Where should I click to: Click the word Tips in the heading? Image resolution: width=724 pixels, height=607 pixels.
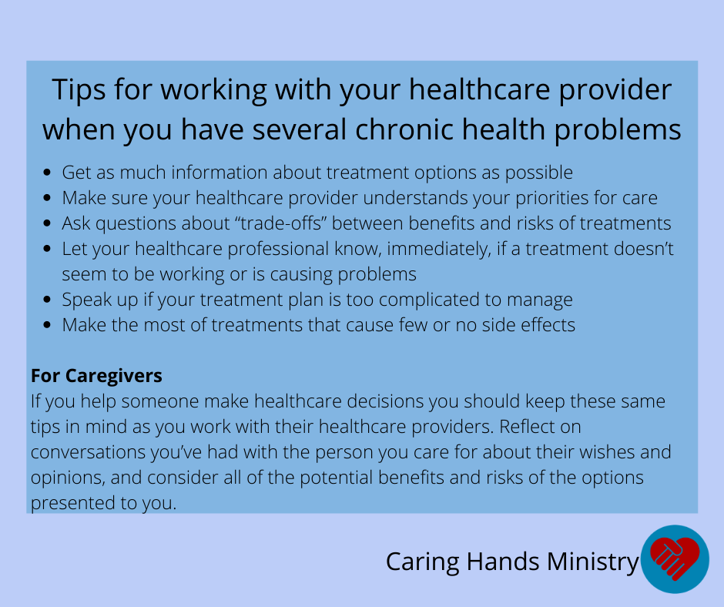[79, 89]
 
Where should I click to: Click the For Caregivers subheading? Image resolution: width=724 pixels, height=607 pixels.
[96, 376]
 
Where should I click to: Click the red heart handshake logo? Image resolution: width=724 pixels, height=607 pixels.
[675, 559]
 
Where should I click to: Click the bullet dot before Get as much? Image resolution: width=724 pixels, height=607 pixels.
[47, 173]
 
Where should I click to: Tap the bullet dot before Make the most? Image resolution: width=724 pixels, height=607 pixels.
[47, 325]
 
